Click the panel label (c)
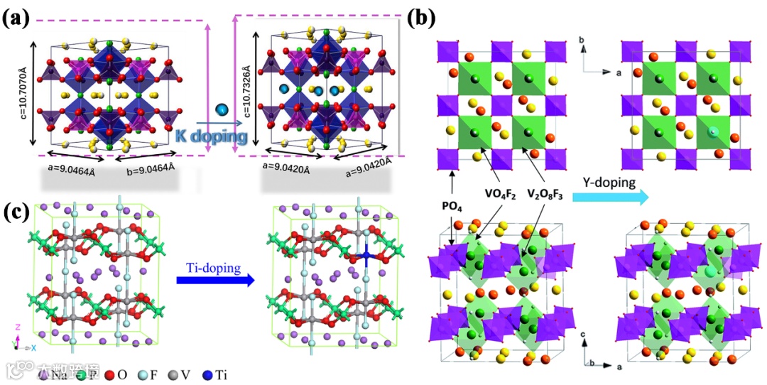tap(15, 212)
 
